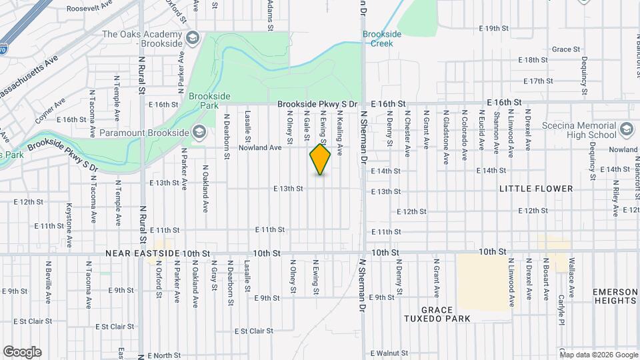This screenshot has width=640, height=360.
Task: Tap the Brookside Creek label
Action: (x=378, y=39)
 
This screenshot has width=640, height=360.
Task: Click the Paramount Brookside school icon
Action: (x=199, y=132)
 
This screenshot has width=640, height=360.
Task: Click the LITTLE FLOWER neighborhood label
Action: (x=536, y=189)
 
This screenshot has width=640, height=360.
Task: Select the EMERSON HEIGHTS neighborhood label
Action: (x=616, y=297)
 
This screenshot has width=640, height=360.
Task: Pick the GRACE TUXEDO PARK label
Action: (x=437, y=314)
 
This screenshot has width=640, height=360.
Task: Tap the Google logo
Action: (x=22, y=352)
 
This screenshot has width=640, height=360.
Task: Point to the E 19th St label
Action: (x=494, y=29)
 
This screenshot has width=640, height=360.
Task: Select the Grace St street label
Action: (x=566, y=49)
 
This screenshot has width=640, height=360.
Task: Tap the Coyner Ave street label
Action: (x=51, y=112)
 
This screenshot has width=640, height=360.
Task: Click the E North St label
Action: (x=158, y=355)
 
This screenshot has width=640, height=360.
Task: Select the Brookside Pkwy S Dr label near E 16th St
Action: (x=318, y=104)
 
